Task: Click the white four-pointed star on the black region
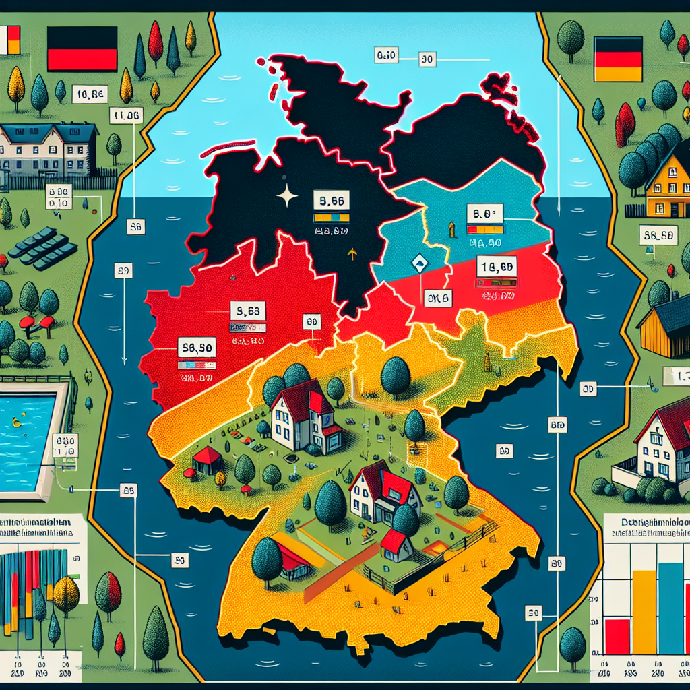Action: click(x=287, y=197)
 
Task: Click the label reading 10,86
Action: click(x=89, y=95)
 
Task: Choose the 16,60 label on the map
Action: click(x=496, y=267)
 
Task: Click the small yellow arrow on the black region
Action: click(x=350, y=254)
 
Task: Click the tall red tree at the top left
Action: click(x=156, y=43)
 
